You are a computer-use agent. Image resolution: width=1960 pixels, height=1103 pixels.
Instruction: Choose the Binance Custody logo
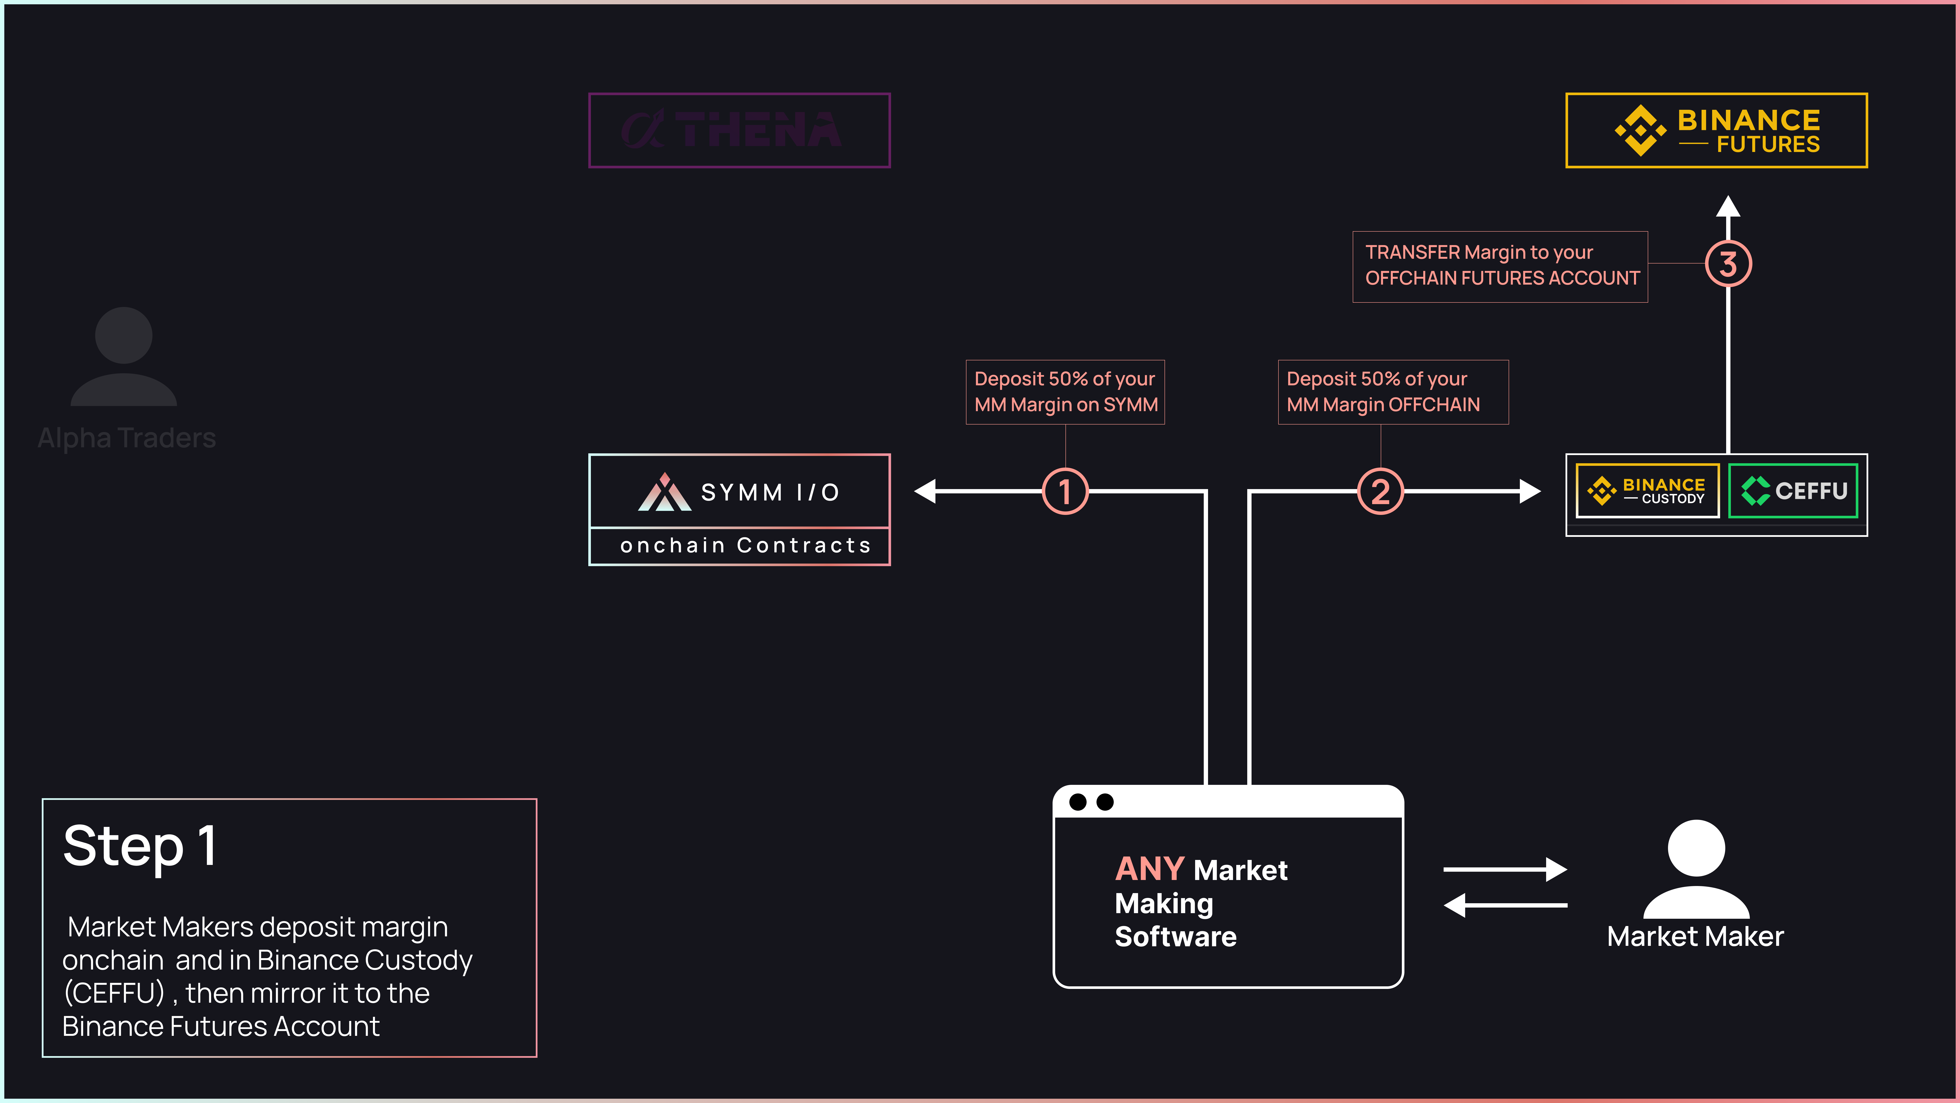1647,491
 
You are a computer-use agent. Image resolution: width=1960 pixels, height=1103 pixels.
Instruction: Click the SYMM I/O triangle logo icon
664,492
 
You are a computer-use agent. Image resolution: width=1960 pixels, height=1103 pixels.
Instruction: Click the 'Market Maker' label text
1695,936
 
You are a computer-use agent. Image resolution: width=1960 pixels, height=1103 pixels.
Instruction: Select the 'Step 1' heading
140,846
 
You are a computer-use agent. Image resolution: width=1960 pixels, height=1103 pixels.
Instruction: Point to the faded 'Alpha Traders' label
127,438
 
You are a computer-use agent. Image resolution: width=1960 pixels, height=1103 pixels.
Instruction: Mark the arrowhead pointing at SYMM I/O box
924,491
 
